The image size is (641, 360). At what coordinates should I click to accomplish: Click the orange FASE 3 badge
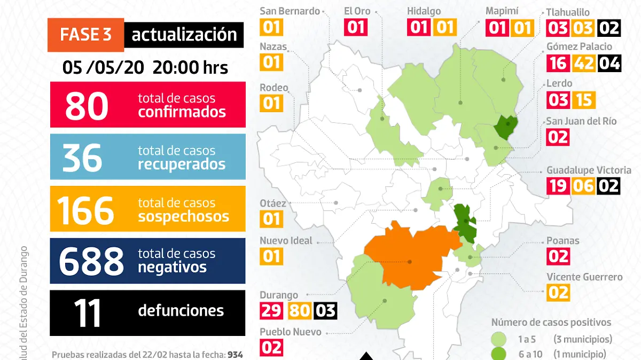(x=85, y=35)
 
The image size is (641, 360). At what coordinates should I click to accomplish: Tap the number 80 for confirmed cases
(x=87, y=106)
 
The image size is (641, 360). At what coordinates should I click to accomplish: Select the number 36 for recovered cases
(x=82, y=158)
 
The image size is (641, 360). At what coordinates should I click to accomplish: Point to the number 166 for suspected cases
(x=85, y=210)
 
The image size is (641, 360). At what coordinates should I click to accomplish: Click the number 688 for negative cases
(x=91, y=262)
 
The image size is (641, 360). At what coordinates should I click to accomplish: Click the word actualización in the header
(x=184, y=35)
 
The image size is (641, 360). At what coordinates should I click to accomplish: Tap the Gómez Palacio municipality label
(x=579, y=46)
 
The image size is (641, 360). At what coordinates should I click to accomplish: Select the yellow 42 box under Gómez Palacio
(x=583, y=63)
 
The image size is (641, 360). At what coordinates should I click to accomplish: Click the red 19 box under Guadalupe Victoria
(x=558, y=186)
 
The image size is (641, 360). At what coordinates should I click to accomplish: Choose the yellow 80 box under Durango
(x=299, y=311)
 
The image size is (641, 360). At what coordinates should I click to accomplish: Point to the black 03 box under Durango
(x=325, y=311)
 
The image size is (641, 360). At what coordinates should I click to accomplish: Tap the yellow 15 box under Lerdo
(x=583, y=100)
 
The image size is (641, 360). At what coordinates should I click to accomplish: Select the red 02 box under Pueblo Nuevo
(x=271, y=348)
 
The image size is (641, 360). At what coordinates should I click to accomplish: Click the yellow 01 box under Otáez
(x=271, y=218)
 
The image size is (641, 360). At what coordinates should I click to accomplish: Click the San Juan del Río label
(x=581, y=121)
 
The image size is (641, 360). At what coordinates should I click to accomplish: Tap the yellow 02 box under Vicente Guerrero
(x=558, y=293)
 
